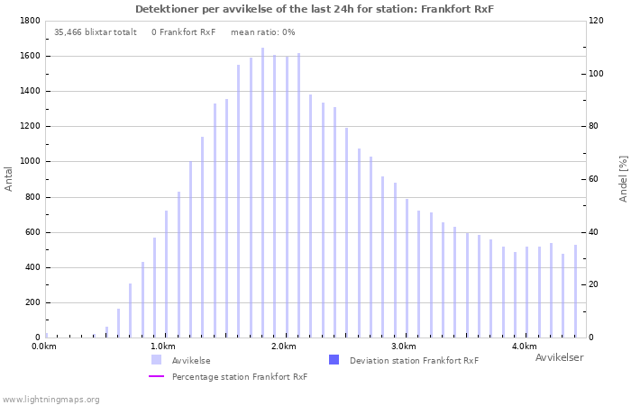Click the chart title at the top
[x=315, y=9]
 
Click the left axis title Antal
[x=9, y=178]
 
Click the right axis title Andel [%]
[x=623, y=178]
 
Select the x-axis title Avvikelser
[x=559, y=358]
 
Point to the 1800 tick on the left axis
[x=29, y=21]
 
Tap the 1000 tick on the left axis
[x=29, y=162]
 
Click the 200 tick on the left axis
[x=32, y=303]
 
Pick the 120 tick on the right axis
[x=595, y=21]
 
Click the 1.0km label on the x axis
[x=162, y=346]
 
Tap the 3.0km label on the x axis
[x=404, y=346]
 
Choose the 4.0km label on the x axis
[x=525, y=346]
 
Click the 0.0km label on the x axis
[x=42, y=346]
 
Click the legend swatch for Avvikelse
[x=157, y=360]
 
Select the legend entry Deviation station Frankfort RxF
[x=414, y=361]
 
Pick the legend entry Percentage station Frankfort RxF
[x=240, y=377]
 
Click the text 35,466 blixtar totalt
[x=96, y=32]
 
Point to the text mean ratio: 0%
[x=262, y=32]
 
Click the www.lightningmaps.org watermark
[x=50, y=400]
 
